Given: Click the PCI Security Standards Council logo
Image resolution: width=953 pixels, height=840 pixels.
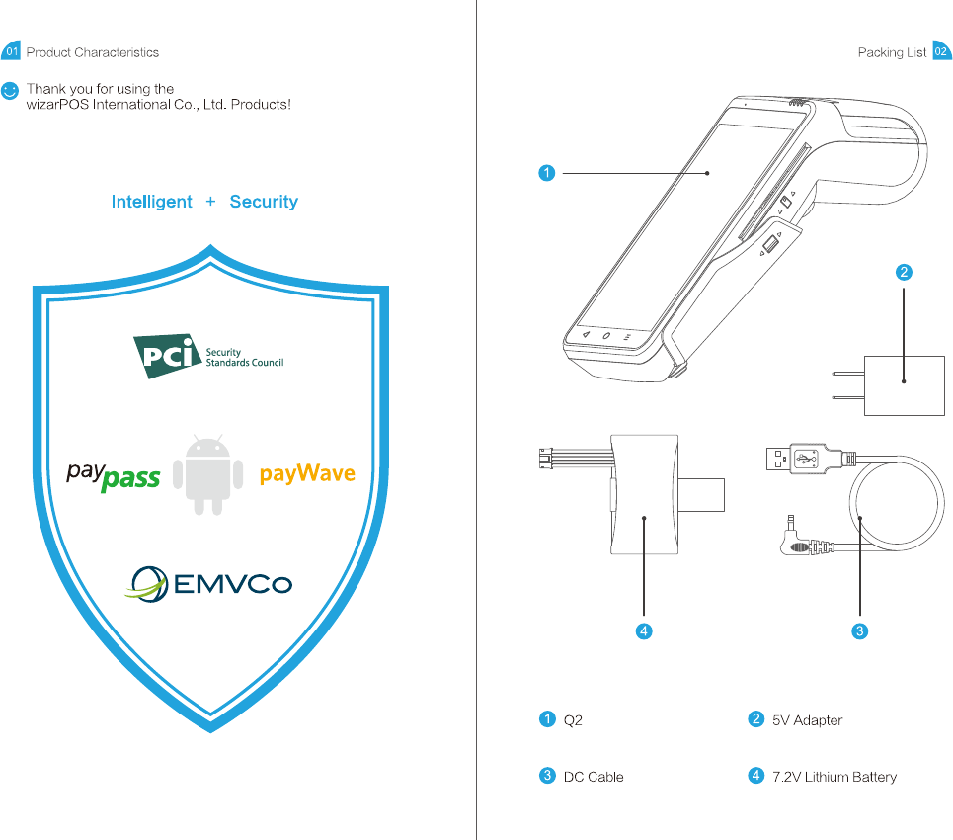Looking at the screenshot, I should coord(208,357).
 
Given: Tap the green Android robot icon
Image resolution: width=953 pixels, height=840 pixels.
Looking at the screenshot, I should coord(207,473).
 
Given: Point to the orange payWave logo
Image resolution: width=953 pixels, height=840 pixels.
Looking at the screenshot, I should coord(307,473).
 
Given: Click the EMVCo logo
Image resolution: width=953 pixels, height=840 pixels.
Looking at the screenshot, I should coord(208,583).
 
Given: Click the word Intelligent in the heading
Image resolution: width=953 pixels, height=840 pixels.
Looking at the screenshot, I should coord(151,202).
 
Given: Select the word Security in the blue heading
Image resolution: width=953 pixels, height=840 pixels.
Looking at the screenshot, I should coord(264,202).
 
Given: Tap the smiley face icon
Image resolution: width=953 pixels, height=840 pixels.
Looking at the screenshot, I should coord(10,90).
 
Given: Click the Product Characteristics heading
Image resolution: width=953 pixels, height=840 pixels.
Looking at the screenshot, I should coord(92,52).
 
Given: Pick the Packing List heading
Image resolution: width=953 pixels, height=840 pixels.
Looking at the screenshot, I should coord(892,52).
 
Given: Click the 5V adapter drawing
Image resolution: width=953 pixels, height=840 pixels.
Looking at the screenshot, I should coord(904,385).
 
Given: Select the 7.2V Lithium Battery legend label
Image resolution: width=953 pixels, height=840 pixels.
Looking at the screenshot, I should coord(834,777).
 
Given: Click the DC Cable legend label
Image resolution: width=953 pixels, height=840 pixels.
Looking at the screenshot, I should coord(593,777).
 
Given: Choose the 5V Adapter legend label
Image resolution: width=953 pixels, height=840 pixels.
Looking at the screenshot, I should coord(807,720).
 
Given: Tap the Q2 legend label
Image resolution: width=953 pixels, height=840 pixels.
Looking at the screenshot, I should coord(573,720).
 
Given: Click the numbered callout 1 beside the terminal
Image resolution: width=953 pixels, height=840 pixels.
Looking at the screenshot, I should coord(546,173).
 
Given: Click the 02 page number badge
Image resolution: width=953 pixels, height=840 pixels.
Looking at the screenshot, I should coord(941,51).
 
